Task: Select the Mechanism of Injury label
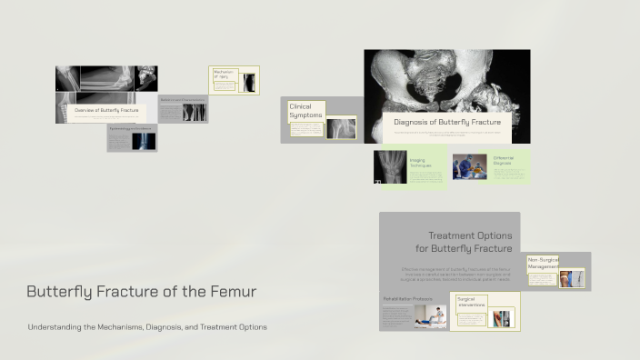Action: pyautogui.click(x=224, y=75)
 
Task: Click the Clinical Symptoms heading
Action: pyautogui.click(x=305, y=111)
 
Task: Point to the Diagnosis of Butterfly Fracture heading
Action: pyautogui.click(x=447, y=122)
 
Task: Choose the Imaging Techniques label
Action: pyautogui.click(x=420, y=163)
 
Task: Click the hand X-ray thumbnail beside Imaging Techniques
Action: pyautogui.click(x=390, y=167)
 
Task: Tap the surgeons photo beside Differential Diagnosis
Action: pyautogui.click(x=470, y=167)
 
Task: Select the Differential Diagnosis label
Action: pyautogui.click(x=504, y=160)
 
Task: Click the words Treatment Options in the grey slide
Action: pyautogui.click(x=470, y=235)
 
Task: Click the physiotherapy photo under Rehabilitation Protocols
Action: pyautogui.click(x=430, y=315)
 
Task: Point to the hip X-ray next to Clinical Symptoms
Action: pyautogui.click(x=341, y=128)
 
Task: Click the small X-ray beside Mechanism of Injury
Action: pyautogui.click(x=248, y=84)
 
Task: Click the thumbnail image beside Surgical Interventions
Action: pyautogui.click(x=502, y=318)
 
